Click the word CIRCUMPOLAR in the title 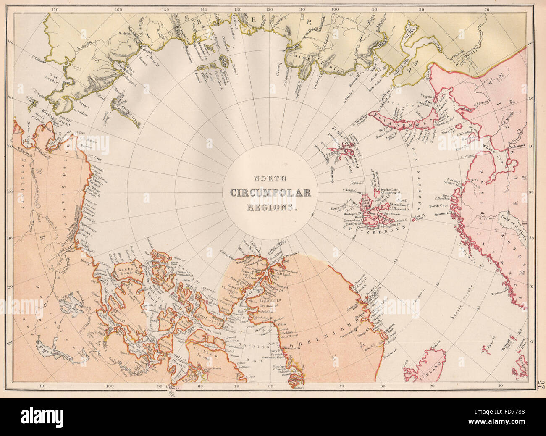(271, 193)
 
